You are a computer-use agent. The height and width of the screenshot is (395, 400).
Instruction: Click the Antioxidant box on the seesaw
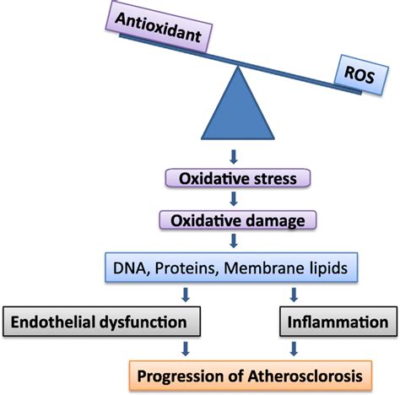(159, 27)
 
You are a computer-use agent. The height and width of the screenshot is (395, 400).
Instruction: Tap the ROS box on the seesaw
(361, 74)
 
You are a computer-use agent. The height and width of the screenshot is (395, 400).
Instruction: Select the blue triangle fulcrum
(238, 103)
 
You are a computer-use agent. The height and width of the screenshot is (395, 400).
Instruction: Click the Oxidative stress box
(238, 178)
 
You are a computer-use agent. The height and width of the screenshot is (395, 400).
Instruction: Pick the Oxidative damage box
(238, 220)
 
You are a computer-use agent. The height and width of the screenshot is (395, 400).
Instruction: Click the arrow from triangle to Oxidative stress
(234, 157)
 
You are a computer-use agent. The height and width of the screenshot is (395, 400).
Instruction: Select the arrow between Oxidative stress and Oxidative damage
(234, 198)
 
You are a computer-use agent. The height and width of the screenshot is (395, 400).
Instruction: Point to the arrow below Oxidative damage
(234, 241)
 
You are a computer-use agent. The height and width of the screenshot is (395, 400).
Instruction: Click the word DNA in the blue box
(129, 268)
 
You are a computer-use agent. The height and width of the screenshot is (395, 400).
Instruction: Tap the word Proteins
(185, 268)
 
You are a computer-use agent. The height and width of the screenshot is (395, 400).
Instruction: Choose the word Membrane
(262, 268)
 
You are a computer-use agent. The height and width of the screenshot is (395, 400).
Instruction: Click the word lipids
(327, 268)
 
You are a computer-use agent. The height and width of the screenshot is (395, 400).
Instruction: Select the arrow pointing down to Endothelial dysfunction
(186, 295)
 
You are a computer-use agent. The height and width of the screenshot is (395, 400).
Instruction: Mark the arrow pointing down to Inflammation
(294, 295)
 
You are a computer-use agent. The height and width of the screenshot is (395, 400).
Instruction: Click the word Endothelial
(52, 322)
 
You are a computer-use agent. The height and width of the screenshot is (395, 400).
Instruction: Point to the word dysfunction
(143, 322)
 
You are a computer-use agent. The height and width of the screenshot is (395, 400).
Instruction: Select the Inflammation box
(338, 322)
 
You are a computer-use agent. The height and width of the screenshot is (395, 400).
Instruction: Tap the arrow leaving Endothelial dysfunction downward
(186, 349)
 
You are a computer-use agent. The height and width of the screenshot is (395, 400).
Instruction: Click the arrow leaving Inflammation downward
(294, 349)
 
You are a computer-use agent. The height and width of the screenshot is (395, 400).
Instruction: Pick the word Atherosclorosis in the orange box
(305, 376)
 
